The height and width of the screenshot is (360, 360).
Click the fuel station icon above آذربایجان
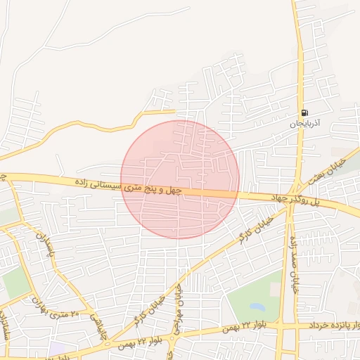(304, 112)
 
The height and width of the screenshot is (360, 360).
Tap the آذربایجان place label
(306, 123)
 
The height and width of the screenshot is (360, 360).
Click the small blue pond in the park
(257, 307)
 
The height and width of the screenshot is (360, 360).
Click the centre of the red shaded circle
(180, 179)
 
